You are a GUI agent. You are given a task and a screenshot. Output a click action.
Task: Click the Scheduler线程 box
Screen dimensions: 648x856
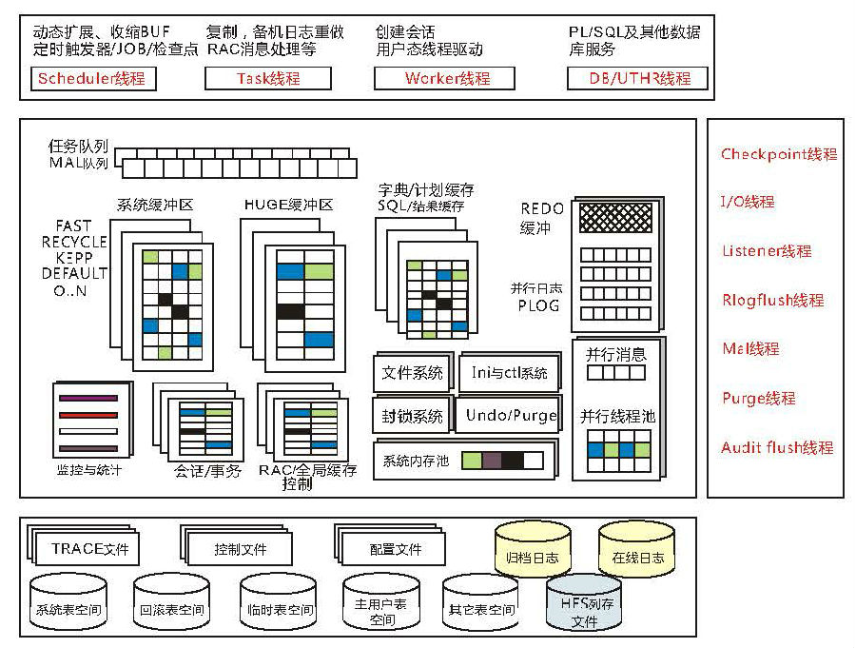pyautogui.click(x=91, y=78)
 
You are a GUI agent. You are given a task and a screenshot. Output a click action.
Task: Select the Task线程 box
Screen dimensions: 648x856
pyautogui.click(x=269, y=78)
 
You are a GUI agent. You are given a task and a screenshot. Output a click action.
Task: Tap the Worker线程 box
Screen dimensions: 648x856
pyautogui.click(x=444, y=78)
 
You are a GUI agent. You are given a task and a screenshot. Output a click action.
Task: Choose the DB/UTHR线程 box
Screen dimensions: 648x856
pyautogui.click(x=637, y=78)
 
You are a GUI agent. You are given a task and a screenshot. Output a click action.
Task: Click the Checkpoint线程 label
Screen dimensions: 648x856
pyautogui.click(x=778, y=154)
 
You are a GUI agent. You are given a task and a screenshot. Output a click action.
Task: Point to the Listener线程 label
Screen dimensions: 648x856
pyautogui.click(x=767, y=251)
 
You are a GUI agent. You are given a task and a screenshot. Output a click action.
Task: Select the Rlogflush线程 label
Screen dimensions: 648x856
pyautogui.click(x=772, y=301)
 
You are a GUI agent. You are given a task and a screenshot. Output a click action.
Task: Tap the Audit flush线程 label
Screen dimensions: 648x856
pyautogui.click(x=777, y=447)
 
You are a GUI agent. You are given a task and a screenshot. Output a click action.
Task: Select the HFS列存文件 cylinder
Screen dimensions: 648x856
pyautogui.click(x=584, y=609)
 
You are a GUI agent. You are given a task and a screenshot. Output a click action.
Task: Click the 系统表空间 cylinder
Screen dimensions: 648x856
pyautogui.click(x=68, y=605)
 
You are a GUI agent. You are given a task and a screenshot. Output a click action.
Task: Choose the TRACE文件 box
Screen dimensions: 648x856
pyautogui.click(x=88, y=549)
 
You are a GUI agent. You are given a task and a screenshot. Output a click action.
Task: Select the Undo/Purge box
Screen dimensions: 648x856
pyautogui.click(x=511, y=416)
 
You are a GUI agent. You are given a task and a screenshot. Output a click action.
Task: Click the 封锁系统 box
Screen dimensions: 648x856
pyautogui.click(x=413, y=416)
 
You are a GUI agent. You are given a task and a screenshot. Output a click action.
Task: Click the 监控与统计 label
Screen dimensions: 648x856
pyautogui.click(x=89, y=469)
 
